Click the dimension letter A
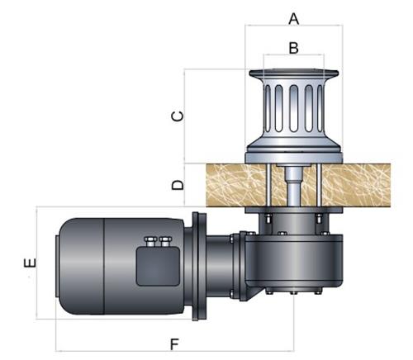coord(294,19)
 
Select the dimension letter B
coord(294,48)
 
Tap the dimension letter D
coord(178,185)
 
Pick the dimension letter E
coord(30,263)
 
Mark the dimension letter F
coord(174,344)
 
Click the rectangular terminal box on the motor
coord(158,266)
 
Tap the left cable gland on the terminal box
coord(150,241)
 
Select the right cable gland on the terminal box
coord(165,241)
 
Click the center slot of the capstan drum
coord(294,108)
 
